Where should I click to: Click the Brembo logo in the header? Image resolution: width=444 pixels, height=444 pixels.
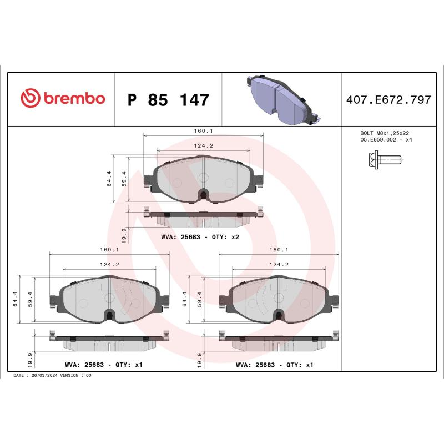pyautogui.click(x=62, y=99)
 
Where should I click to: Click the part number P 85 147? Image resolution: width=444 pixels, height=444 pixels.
pyautogui.click(x=168, y=100)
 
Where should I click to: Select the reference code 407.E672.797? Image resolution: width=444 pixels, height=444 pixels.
pyautogui.click(x=389, y=100)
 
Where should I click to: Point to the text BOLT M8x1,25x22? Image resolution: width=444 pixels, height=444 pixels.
pyautogui.click(x=385, y=133)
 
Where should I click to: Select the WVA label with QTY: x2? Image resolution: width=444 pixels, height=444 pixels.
pyautogui.click(x=200, y=237)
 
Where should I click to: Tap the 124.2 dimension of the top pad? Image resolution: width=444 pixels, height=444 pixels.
pyautogui.click(x=204, y=145)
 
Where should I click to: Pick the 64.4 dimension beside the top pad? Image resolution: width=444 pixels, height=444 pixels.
pyautogui.click(x=109, y=178)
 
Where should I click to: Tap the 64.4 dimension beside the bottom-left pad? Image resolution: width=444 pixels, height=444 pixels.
pyautogui.click(x=16, y=299)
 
